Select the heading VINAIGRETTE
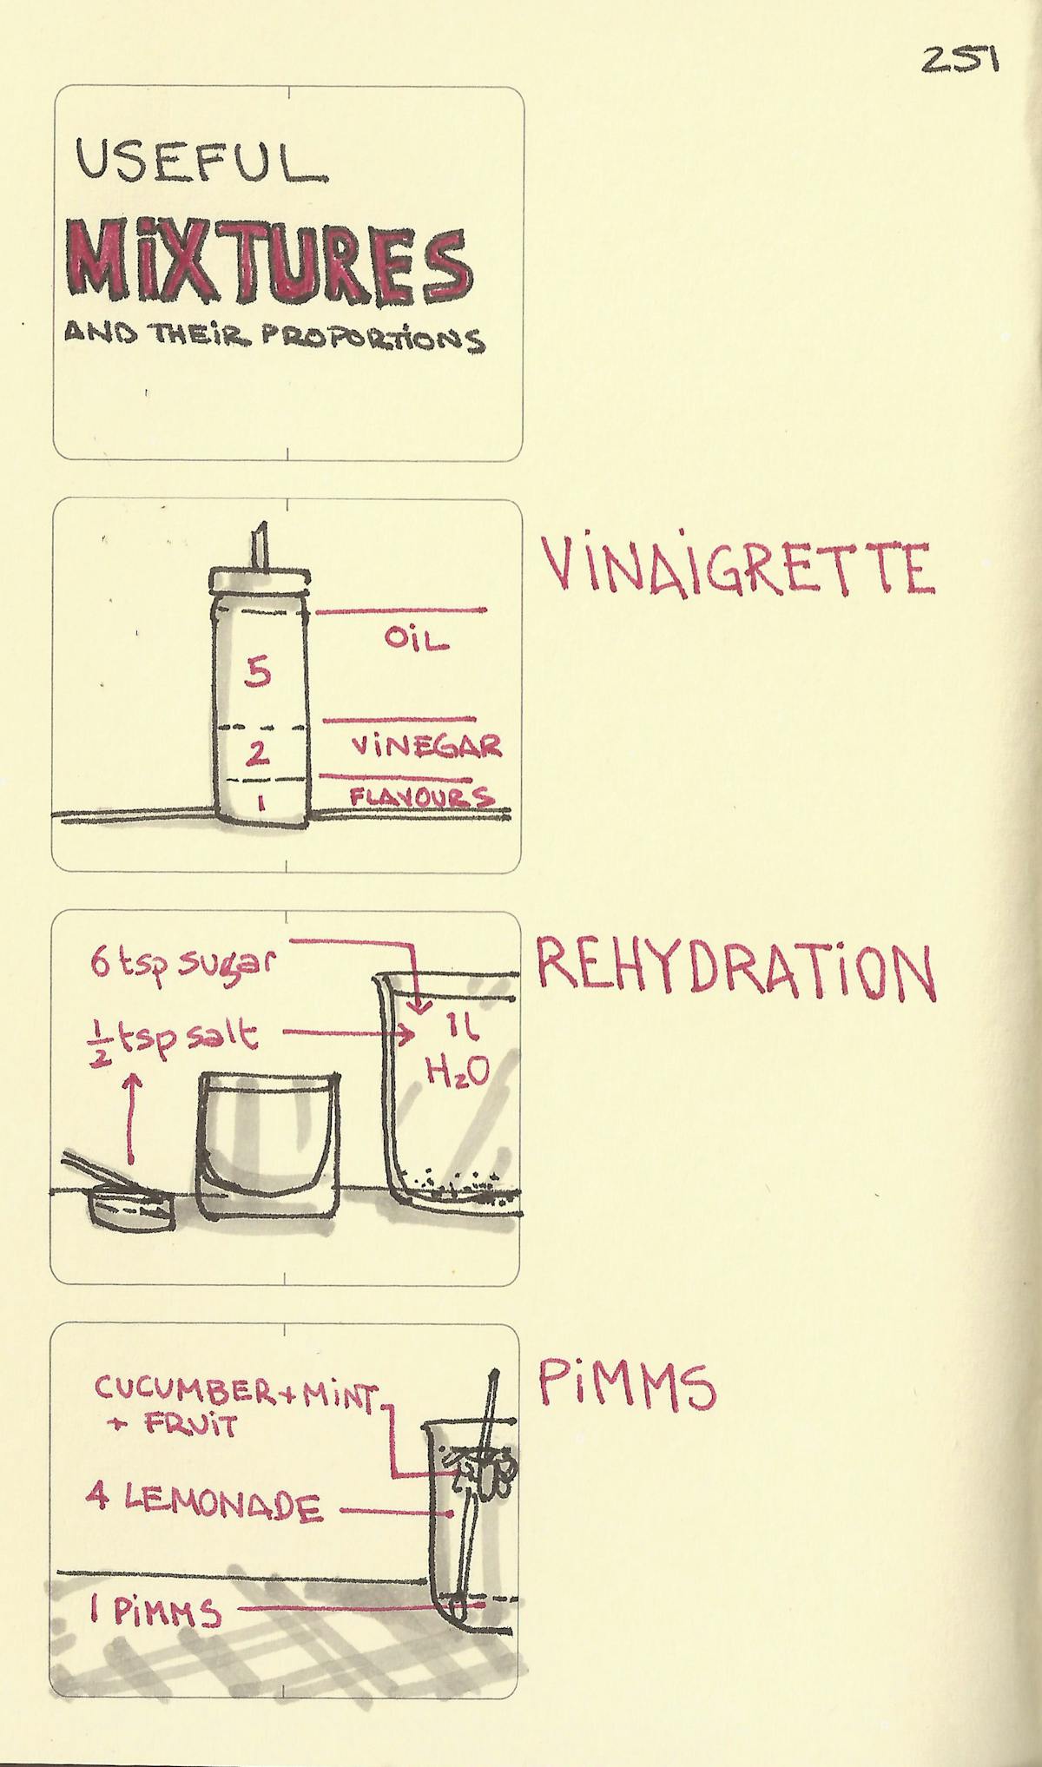click(738, 566)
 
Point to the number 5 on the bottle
click(257, 671)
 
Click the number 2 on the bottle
click(256, 753)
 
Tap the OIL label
click(417, 641)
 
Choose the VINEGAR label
click(425, 746)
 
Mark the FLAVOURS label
click(422, 796)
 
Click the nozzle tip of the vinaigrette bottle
click(259, 531)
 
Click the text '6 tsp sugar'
click(182, 963)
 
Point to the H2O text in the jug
click(458, 1072)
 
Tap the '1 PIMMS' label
click(156, 1613)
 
